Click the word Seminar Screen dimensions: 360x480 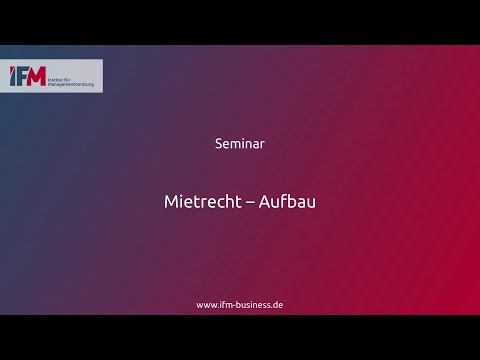tap(239, 143)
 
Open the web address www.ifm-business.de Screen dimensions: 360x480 tap(239, 304)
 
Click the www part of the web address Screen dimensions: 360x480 tap(206, 304)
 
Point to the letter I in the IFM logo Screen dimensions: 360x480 tap(13, 77)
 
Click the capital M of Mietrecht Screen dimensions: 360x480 tap(171, 201)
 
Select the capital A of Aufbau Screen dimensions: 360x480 tap(264, 201)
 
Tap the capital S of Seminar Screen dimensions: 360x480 tap(219, 143)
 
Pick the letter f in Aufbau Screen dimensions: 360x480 tap(283, 201)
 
